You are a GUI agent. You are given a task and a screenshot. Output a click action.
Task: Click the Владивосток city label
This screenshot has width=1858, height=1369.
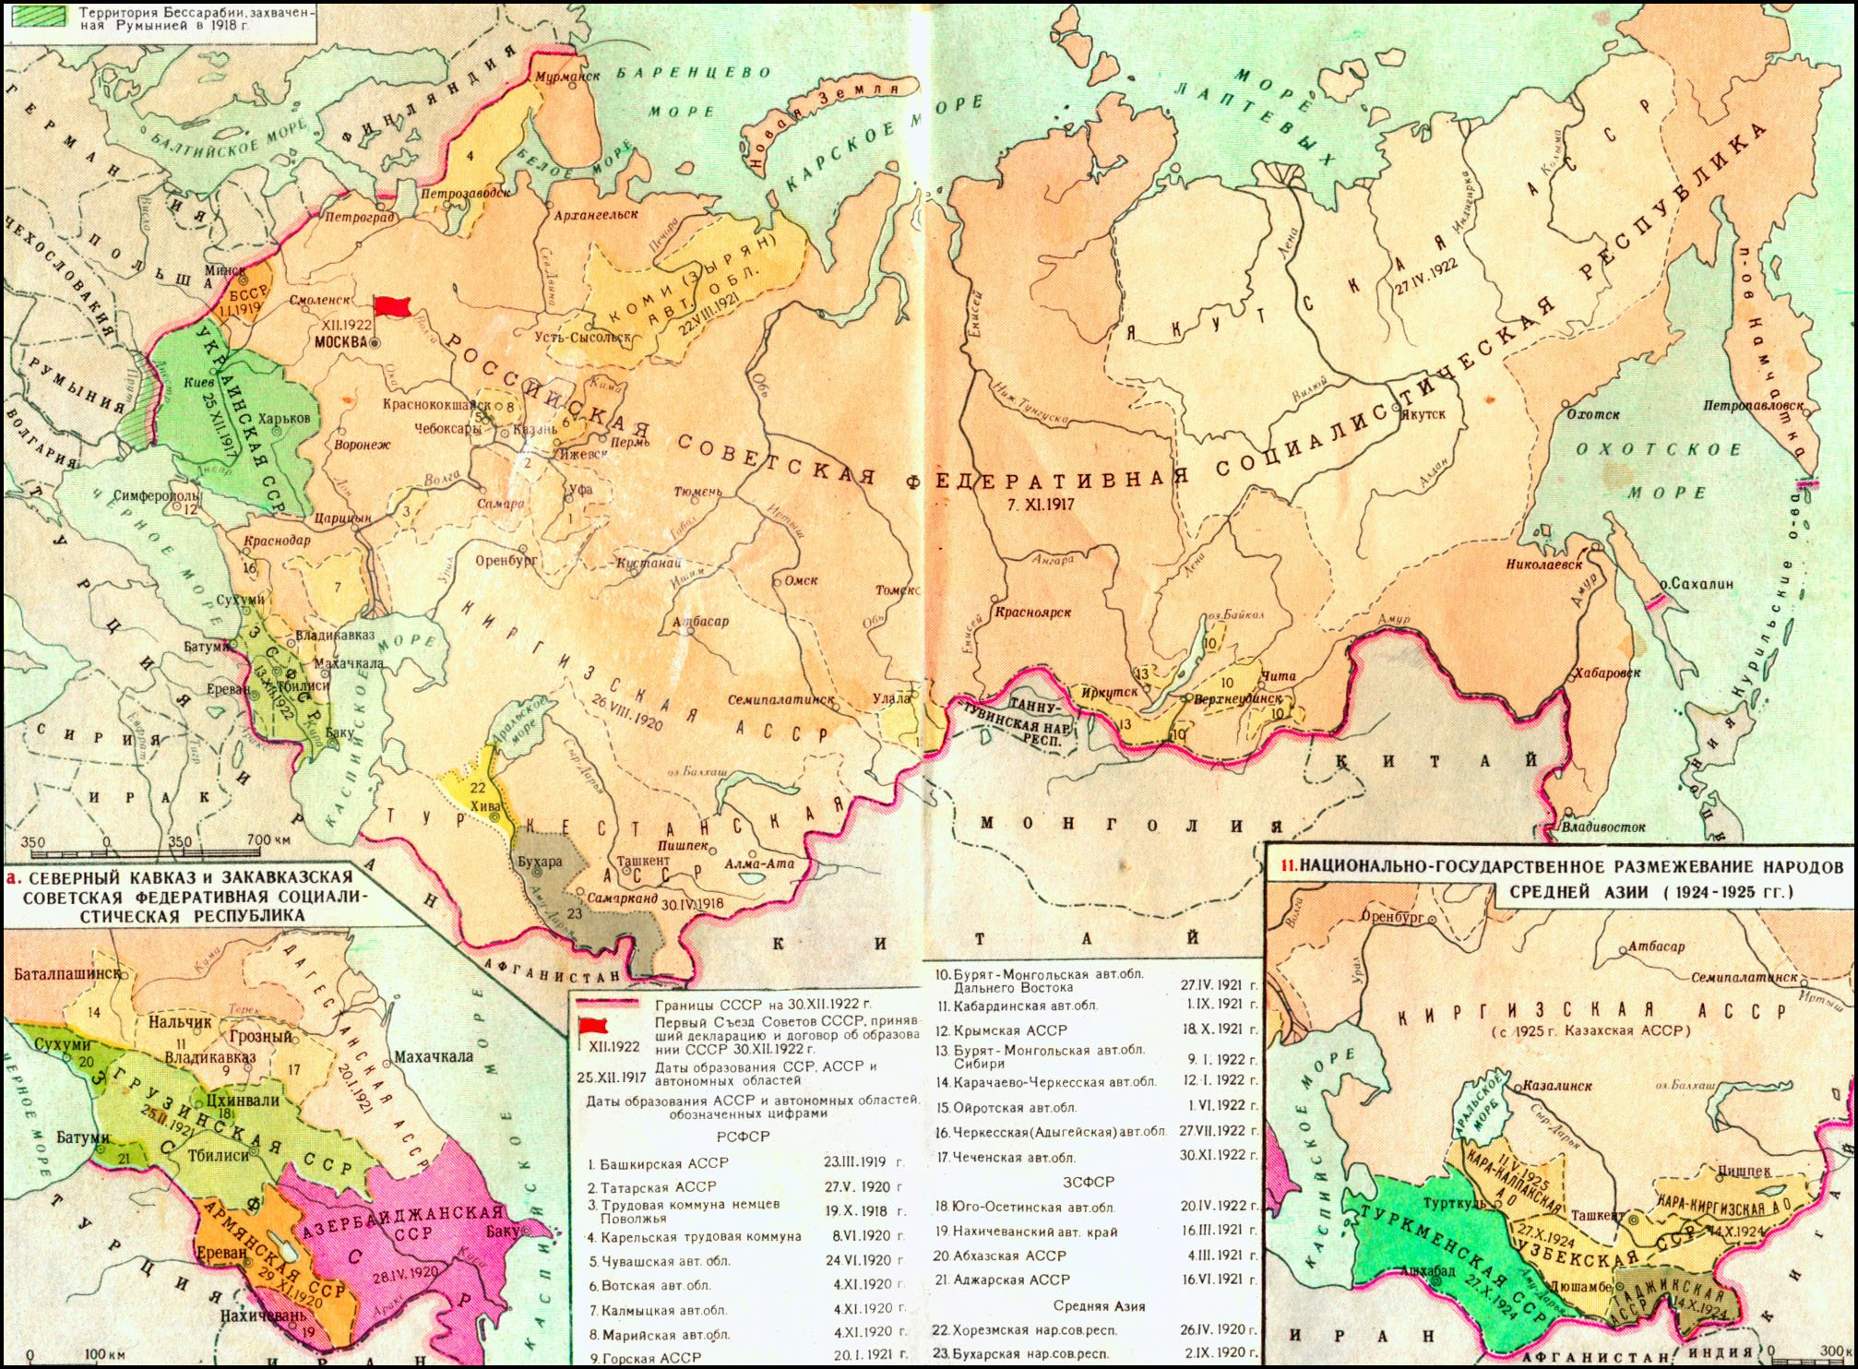1604,827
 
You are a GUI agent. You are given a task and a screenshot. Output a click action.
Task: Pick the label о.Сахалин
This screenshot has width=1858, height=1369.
1697,584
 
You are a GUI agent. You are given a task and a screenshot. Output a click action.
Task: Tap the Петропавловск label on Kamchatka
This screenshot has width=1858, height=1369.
1753,405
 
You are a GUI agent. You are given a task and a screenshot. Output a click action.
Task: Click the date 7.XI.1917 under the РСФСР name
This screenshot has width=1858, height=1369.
1039,504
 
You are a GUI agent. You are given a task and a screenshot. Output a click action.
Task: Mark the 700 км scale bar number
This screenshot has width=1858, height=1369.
268,840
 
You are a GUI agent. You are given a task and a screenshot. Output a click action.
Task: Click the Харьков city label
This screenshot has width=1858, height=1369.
284,419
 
